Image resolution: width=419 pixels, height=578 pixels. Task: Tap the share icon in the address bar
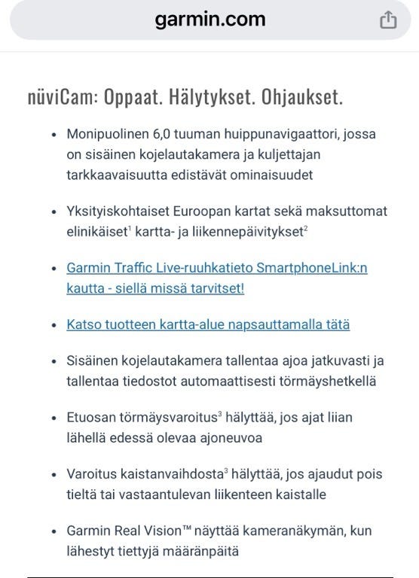(388, 20)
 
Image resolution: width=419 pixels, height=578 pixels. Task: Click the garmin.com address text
(209, 19)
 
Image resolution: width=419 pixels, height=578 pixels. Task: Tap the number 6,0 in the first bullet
(161, 134)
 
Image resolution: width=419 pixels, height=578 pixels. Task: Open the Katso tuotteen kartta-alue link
(208, 325)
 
